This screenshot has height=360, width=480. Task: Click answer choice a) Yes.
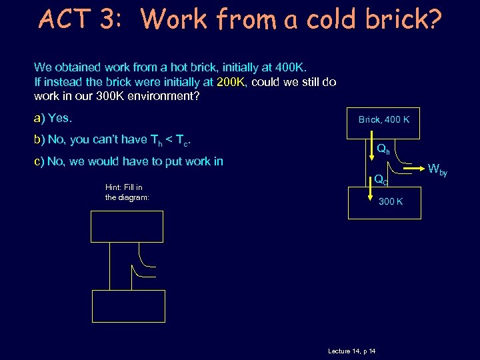click(53, 119)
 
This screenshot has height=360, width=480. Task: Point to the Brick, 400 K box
click(383, 119)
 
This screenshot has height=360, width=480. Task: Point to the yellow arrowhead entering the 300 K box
click(370, 193)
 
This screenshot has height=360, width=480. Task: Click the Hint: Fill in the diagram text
click(127, 192)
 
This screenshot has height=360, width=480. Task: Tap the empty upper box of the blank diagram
click(127, 227)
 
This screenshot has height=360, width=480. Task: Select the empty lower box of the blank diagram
click(127, 306)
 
